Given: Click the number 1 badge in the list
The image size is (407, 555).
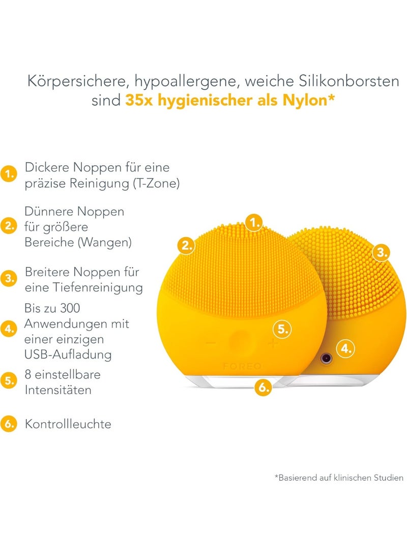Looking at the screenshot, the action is pyautogui.click(x=9, y=174).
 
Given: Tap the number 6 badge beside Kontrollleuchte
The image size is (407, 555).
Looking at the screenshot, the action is pyautogui.click(x=9, y=424).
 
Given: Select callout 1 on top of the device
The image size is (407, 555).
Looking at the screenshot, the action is pyautogui.click(x=254, y=223).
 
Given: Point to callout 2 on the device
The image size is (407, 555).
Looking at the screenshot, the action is pyautogui.click(x=187, y=245).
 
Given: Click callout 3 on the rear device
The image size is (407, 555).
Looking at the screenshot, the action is pyautogui.click(x=381, y=252).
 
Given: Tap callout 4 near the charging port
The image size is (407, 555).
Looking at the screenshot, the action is pyautogui.click(x=346, y=349).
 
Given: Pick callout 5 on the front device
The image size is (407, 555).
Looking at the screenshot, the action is pyautogui.click(x=282, y=329).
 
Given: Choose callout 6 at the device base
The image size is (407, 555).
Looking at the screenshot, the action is pyautogui.click(x=264, y=387).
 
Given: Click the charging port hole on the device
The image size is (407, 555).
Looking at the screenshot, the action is pyautogui.click(x=326, y=359).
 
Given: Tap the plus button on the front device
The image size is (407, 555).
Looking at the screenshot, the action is pyautogui.click(x=273, y=343).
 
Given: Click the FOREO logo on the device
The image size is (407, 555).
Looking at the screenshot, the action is pyautogui.click(x=242, y=366).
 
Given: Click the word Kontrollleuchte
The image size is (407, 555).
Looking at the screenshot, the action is pyautogui.click(x=68, y=424).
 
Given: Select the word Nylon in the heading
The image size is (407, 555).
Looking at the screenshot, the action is pyautogui.click(x=304, y=100).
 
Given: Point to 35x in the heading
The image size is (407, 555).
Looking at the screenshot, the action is pyautogui.click(x=139, y=101).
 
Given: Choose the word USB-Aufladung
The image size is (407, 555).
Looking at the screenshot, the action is pyautogui.click(x=68, y=354).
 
